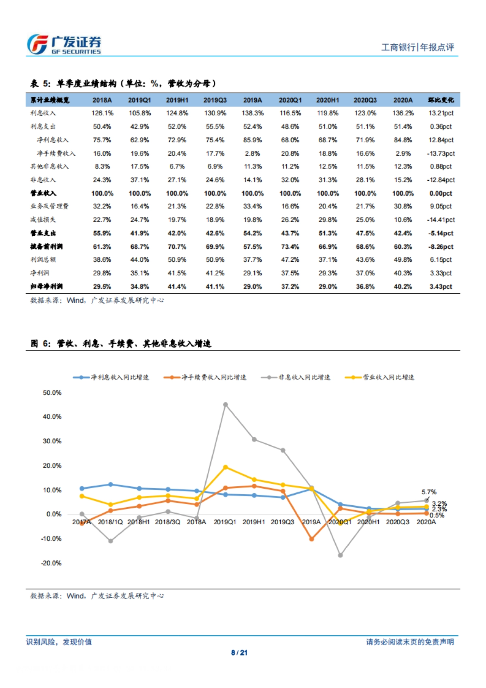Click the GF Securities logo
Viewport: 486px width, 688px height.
coord(64,45)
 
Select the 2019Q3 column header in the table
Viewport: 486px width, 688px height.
coord(215,100)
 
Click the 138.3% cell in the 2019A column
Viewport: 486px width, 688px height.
coord(252,113)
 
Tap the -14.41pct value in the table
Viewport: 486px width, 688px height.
coord(441,220)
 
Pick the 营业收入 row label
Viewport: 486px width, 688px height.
coord(43,193)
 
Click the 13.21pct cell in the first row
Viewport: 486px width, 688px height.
coord(441,113)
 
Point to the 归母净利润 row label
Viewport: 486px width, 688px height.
coord(46,286)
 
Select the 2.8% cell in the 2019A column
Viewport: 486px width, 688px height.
coord(252,154)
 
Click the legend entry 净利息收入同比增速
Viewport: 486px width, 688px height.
coord(111,377)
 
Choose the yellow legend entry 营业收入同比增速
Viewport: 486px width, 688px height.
coord(379,377)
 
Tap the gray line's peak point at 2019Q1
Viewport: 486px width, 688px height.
coord(226,404)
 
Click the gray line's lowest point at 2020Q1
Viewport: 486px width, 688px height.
coord(340,555)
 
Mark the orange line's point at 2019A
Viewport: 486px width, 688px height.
coord(311,539)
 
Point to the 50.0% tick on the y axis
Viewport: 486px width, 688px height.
coord(52,393)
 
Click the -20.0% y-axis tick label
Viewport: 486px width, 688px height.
coord(51,563)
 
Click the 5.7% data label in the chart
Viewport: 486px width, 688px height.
coord(429,492)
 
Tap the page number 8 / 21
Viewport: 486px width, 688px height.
coord(239,652)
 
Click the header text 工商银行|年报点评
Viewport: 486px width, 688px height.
coord(418,47)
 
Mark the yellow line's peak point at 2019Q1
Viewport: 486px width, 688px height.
coord(226,467)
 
